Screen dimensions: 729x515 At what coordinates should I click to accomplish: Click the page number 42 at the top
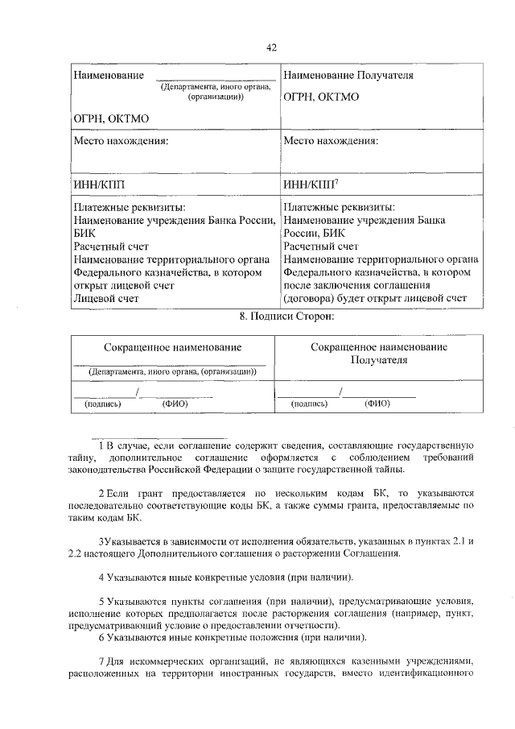[x=271, y=48]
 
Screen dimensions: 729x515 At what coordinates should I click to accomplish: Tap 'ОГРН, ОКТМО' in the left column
[x=111, y=118]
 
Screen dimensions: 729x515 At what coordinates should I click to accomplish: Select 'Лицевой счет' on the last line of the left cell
[x=106, y=298]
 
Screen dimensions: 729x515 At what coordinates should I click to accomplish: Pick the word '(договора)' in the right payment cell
[x=310, y=298]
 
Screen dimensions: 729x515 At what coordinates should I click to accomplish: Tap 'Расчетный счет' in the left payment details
[x=111, y=246]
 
